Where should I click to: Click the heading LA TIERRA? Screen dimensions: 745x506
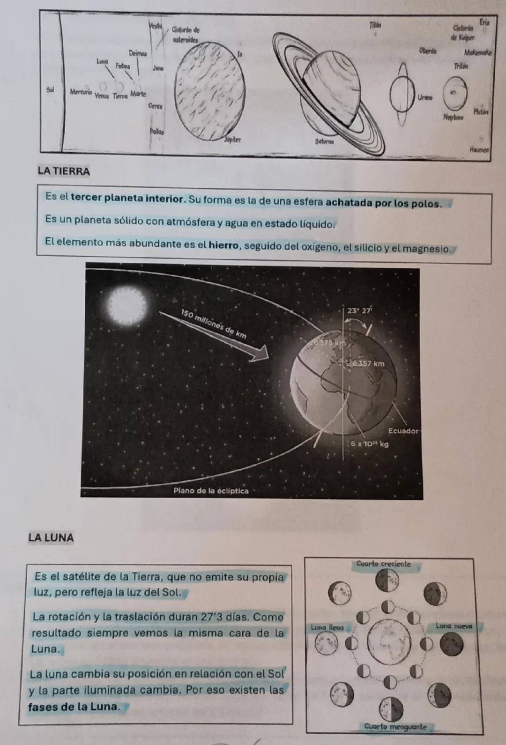point(64,171)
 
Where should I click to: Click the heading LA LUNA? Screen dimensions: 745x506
point(51,538)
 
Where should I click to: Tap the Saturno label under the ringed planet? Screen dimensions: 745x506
point(324,140)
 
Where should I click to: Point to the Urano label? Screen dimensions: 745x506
point(424,98)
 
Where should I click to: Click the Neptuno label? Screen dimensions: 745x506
point(453,118)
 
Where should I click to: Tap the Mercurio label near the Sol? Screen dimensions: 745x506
point(81,92)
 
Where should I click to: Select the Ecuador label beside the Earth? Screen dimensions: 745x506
point(402,430)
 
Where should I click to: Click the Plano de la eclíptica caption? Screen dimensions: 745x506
point(211,491)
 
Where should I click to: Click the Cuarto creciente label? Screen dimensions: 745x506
point(383,564)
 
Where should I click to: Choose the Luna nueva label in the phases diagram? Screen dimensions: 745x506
point(454,626)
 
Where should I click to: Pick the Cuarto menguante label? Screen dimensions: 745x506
point(395,727)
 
